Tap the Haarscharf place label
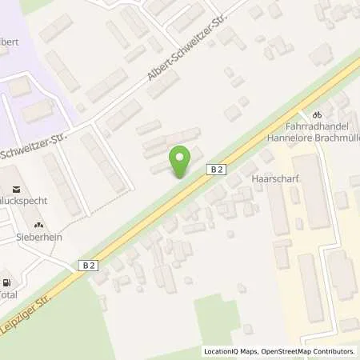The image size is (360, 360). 274,178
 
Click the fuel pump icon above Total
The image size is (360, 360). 7,282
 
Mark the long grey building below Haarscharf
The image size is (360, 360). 278,212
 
